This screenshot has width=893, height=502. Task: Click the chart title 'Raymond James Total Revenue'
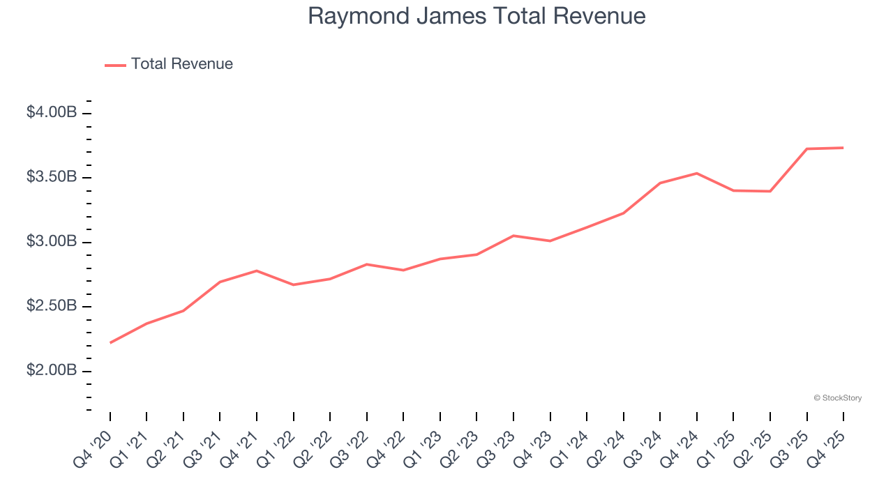[x=476, y=16]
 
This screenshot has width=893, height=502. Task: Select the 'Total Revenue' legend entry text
[x=181, y=64]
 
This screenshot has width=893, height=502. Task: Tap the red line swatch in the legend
[x=115, y=65]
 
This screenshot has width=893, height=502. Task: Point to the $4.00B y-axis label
[x=52, y=112]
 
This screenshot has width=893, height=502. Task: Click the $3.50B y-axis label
[x=52, y=177]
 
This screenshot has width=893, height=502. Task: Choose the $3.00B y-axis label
[x=52, y=242]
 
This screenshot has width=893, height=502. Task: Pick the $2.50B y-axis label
[x=52, y=306]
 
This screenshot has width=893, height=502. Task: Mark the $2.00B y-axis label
[x=52, y=370]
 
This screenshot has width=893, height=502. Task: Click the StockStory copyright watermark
[x=837, y=398]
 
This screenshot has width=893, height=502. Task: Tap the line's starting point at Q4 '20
[x=110, y=343]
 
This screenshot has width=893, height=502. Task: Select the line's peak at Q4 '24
[x=697, y=173]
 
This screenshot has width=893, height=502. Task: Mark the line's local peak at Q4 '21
[x=257, y=271]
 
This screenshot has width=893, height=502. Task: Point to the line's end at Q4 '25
[x=843, y=148]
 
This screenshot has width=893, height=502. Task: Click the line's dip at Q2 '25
[x=770, y=191]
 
